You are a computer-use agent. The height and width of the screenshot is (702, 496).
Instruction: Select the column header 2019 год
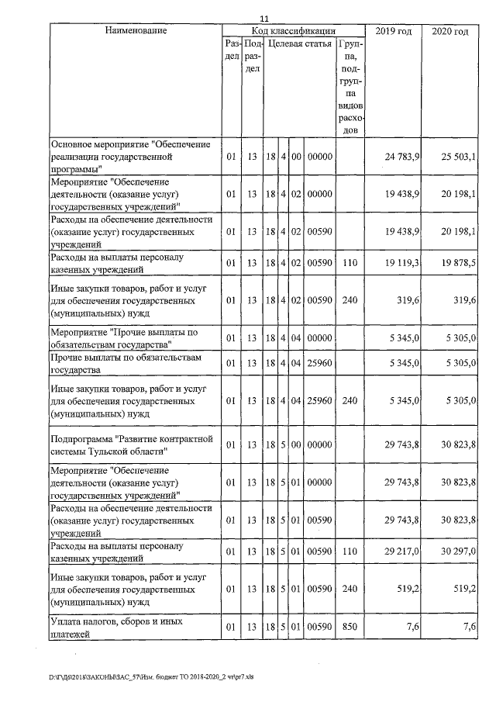point(393,31)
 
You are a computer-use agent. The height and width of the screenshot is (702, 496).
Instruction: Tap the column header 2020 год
point(450,31)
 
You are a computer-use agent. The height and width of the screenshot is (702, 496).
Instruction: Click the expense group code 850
point(350,626)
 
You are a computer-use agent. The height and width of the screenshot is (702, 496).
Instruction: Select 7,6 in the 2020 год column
point(467,626)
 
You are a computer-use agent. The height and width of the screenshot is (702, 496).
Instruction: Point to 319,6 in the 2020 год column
point(464,300)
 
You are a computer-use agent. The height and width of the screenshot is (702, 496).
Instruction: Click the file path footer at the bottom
point(124,676)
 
